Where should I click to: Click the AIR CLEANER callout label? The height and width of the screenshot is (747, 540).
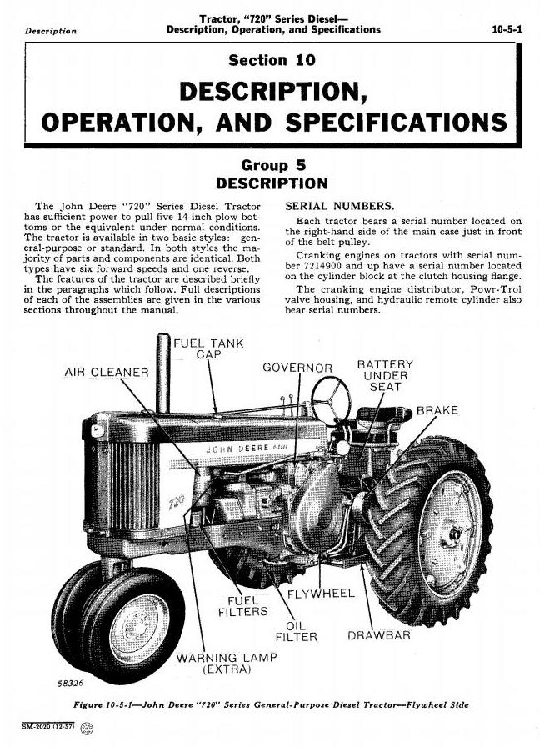click(x=107, y=372)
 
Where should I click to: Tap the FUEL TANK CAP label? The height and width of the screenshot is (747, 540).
click(x=208, y=348)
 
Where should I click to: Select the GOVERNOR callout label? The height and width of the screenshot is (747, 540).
click(x=297, y=368)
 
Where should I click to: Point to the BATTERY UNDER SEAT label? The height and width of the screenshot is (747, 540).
click(x=385, y=375)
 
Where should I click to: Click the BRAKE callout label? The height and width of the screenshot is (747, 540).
click(x=437, y=410)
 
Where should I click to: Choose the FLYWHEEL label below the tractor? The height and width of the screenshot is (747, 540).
click(x=321, y=594)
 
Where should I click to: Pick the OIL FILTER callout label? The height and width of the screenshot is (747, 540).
click(x=296, y=631)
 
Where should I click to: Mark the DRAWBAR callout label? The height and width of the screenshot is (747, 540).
click(x=379, y=635)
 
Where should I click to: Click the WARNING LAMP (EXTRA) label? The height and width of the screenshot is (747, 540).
click(x=227, y=664)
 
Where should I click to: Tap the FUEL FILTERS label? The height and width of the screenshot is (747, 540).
click(x=242, y=606)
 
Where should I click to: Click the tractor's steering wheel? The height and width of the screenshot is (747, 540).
click(x=331, y=400)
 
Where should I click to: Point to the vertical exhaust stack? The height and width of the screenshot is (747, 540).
click(x=163, y=373)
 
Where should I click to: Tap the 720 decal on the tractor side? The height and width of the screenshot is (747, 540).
click(x=176, y=502)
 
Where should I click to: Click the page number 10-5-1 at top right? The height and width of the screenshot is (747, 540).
click(x=507, y=29)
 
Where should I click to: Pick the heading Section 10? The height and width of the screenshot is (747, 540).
click(x=272, y=61)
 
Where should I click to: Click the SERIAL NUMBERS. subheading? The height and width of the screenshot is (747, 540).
click(x=340, y=206)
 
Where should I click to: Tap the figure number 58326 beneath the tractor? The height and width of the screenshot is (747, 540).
click(x=70, y=683)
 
